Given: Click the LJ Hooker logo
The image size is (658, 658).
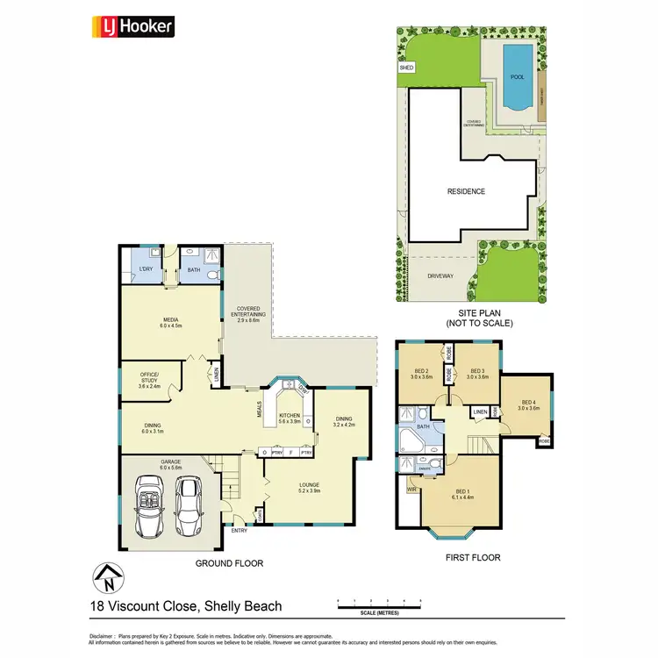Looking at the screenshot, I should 133,26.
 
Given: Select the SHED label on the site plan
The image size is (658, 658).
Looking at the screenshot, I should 405,67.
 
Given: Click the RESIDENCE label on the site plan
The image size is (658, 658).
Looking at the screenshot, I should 466,191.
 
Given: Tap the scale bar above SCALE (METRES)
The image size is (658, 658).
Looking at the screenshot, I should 380,603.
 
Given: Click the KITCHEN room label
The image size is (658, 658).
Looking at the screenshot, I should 290,417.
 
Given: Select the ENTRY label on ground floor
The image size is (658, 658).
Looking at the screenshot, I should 239,530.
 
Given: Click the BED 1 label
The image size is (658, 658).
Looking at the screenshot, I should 462,493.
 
